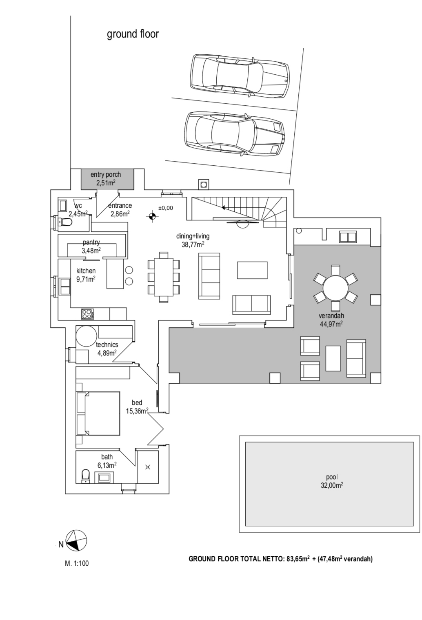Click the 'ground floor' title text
pyautogui.click(x=133, y=34)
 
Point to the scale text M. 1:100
pyautogui.click(x=77, y=563)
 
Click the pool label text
pyautogui.click(x=332, y=477)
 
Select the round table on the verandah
pyautogui.click(x=335, y=288)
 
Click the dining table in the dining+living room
pyautogui.click(x=164, y=277)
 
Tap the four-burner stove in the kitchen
pyautogui.click(x=88, y=314)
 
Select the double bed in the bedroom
pyautogui.click(x=98, y=413)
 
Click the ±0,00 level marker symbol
pyautogui.click(x=152, y=216)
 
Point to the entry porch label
pyautogui.click(x=106, y=175)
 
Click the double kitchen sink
pyautogui.click(x=65, y=287)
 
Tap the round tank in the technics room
pyautogui.click(x=87, y=336)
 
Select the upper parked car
pyautogui.click(x=240, y=76)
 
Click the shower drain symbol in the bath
pyautogui.click(x=147, y=467)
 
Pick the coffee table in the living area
pyautogui.click(x=252, y=270)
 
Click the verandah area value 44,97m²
pyautogui.click(x=331, y=324)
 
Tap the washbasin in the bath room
pyautogui.click(x=103, y=478)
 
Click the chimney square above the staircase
pyautogui.click(x=203, y=184)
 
